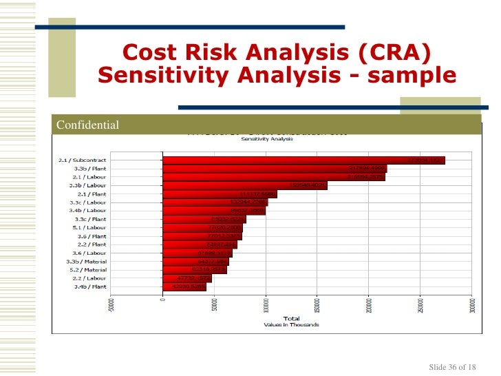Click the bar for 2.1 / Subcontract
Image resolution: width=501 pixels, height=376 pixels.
point(303,160)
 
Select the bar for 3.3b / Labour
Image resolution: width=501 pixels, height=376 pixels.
point(245,185)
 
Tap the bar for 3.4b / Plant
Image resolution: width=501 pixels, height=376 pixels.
point(184,286)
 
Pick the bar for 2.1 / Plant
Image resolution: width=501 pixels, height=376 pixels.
point(220,194)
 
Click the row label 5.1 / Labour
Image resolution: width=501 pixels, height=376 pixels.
point(89,227)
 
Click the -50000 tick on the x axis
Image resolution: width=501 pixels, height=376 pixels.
point(111,304)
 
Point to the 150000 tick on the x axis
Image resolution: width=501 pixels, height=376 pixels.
point(317,306)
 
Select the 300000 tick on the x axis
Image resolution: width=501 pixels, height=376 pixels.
point(471,306)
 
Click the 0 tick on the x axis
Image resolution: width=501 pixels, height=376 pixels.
point(162,299)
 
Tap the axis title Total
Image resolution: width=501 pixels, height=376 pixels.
point(292,319)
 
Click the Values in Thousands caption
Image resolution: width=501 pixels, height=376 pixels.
point(292,324)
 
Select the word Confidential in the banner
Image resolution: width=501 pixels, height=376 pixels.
point(87,125)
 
